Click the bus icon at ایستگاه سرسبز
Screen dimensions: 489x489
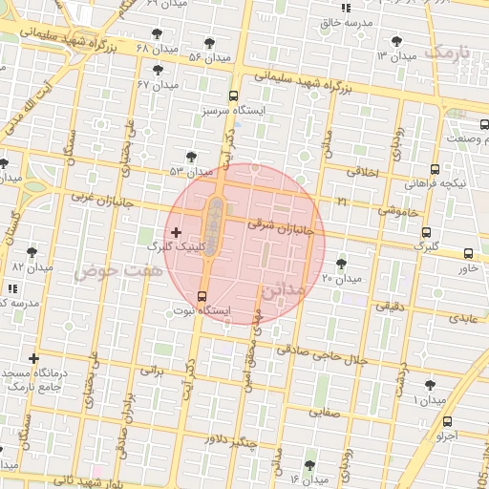(233, 96)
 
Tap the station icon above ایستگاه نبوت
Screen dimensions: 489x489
(202, 296)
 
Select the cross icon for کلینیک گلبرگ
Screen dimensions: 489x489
(175, 232)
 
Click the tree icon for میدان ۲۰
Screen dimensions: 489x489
(341, 264)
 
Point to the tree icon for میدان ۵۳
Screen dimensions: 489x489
(191, 157)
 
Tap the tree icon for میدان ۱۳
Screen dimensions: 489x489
(397, 41)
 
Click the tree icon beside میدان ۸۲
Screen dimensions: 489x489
(32, 252)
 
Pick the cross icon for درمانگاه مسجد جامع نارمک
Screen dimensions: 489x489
(34, 358)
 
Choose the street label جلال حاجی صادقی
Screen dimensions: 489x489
(323, 356)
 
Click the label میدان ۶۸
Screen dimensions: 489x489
(156, 48)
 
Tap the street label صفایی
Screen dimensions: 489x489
(324, 414)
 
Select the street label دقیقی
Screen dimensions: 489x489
(390, 307)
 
